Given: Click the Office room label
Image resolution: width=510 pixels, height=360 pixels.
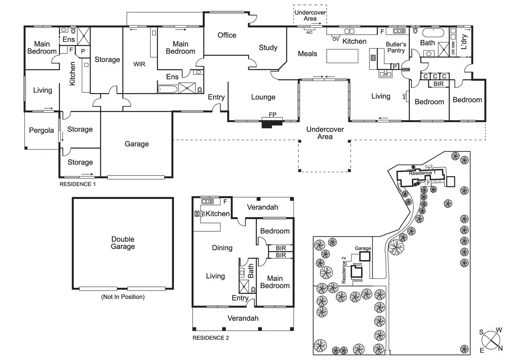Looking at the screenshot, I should pyautogui.click(x=227, y=35).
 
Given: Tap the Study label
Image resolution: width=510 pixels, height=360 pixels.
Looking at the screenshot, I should pyautogui.click(x=268, y=48).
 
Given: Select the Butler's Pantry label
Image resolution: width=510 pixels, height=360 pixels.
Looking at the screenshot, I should pyautogui.click(x=396, y=47).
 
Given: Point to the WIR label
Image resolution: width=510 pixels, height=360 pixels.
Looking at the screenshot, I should pyautogui.click(x=139, y=64).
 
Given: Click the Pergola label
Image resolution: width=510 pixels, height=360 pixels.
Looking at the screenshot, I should pyautogui.click(x=41, y=130).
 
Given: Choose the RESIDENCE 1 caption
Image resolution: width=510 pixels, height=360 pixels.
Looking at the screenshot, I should pyautogui.click(x=77, y=184).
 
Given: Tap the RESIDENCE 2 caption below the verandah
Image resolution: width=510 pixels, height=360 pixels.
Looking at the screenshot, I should pyautogui.click(x=210, y=338).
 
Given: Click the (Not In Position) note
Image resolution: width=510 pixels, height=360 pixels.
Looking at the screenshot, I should pyautogui.click(x=123, y=297).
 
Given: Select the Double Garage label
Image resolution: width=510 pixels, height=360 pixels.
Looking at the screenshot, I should pyautogui.click(x=123, y=243).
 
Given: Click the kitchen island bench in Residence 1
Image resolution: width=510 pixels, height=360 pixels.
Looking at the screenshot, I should pyautogui.click(x=342, y=56).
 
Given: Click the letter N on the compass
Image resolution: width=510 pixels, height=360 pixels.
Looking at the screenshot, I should pyautogui.click(x=500, y=348).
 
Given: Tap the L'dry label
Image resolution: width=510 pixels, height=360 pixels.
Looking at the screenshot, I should pyautogui.click(x=464, y=42).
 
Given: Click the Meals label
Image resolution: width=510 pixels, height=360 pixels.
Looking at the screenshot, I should pyautogui.click(x=307, y=54).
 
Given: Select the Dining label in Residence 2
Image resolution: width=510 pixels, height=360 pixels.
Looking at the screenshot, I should pyautogui.click(x=222, y=248).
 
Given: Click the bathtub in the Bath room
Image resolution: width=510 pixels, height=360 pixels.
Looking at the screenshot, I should pyautogui.click(x=433, y=33).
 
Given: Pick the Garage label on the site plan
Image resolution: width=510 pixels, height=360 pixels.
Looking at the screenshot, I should pyautogui.click(x=363, y=248).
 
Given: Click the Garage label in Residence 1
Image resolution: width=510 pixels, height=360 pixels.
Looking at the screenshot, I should pyautogui.click(x=137, y=144).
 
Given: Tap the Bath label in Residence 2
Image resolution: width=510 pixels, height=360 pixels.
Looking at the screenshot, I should pyautogui.click(x=251, y=271).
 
